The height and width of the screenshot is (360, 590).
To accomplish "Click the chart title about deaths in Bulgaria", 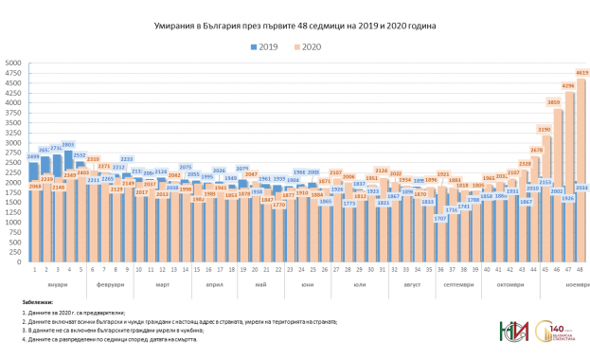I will click(295, 26).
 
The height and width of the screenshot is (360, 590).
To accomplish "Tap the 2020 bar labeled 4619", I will click(581, 171).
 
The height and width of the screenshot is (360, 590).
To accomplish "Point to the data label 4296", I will click(568, 86).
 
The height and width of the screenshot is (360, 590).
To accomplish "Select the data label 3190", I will click(545, 129).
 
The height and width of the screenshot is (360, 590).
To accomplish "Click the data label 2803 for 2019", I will click(69, 145).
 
